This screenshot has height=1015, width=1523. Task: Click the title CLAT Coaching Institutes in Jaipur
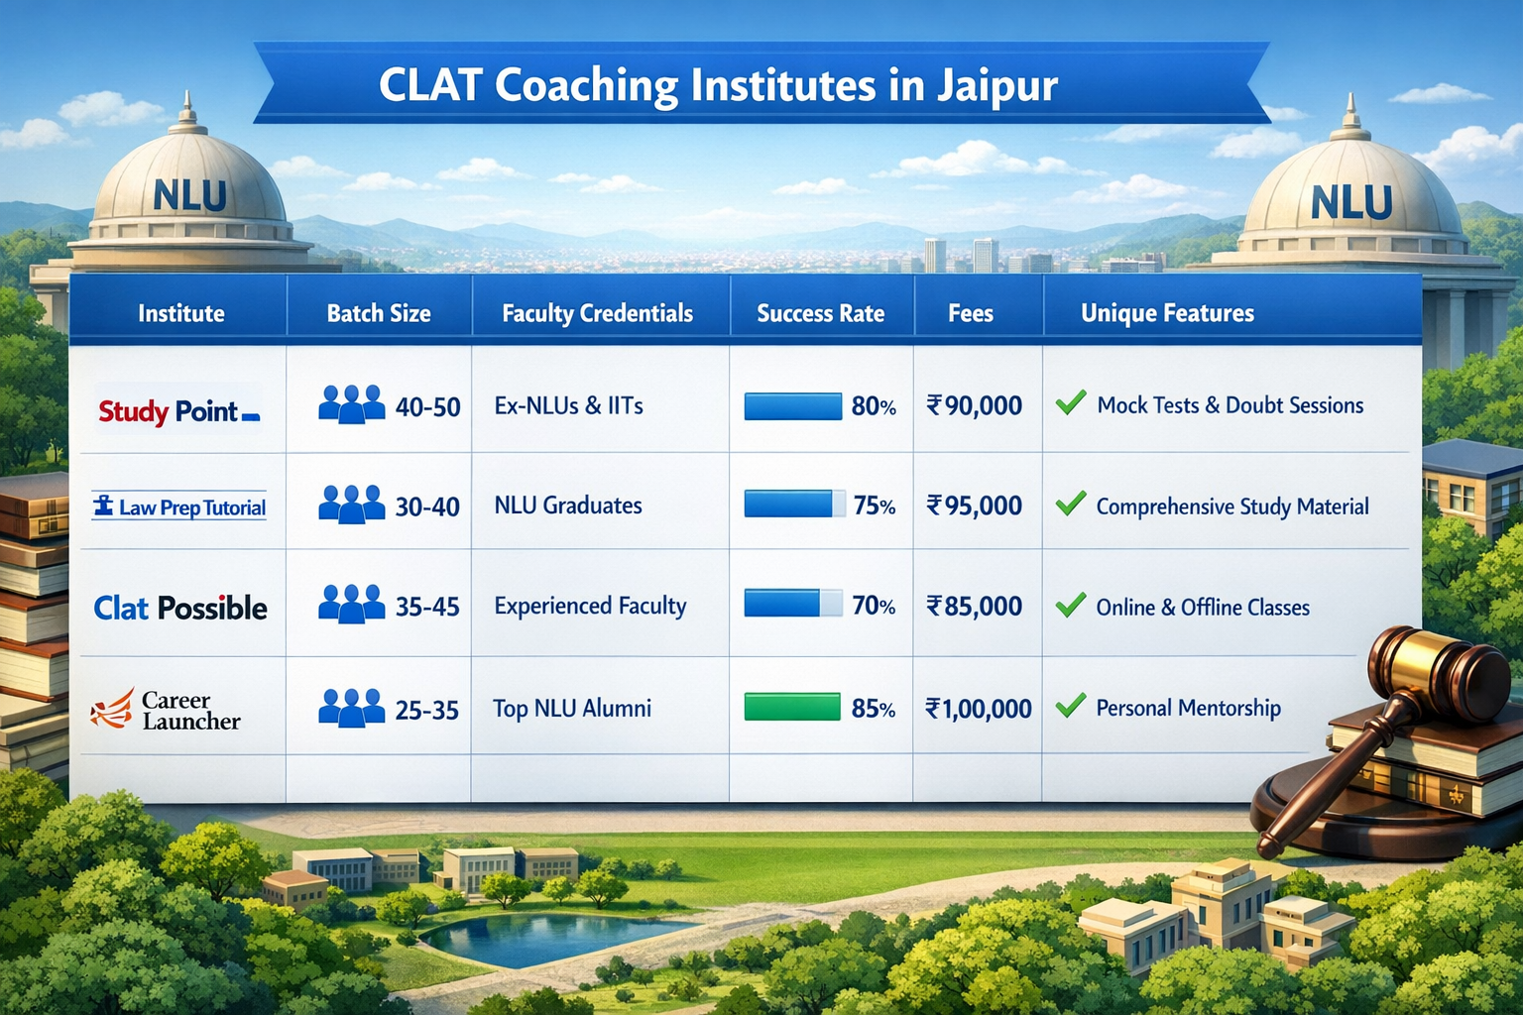[718, 85]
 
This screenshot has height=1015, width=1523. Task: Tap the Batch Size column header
[379, 313]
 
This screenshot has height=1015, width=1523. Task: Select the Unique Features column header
[1167, 313]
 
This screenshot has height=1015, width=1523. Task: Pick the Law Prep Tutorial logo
[179, 507]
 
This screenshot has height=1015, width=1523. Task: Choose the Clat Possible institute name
[180, 608]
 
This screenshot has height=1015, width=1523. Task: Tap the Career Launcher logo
[167, 710]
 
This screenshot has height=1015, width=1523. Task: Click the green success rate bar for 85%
[792, 708]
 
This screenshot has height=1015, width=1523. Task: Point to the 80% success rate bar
[792, 406]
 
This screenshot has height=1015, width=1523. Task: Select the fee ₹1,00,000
[978, 709]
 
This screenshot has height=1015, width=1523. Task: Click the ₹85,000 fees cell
[974, 607]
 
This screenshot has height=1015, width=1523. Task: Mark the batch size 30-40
[427, 507]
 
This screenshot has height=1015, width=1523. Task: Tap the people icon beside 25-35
[351, 708]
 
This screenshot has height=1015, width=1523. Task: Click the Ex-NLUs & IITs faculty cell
[569, 405]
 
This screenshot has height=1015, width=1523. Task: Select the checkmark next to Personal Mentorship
[1071, 706]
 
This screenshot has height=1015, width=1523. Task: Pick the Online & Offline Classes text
[1203, 608]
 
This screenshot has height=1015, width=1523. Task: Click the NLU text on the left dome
[190, 196]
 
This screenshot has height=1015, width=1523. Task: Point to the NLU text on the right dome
[1350, 203]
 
